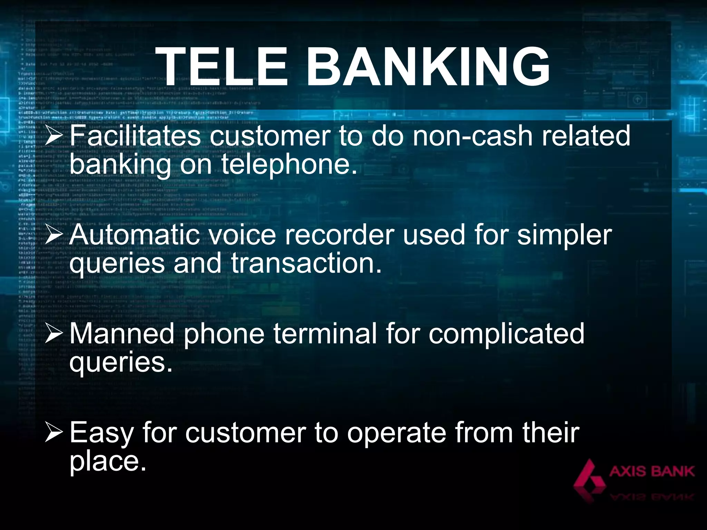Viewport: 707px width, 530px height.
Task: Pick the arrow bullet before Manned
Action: coord(54,334)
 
